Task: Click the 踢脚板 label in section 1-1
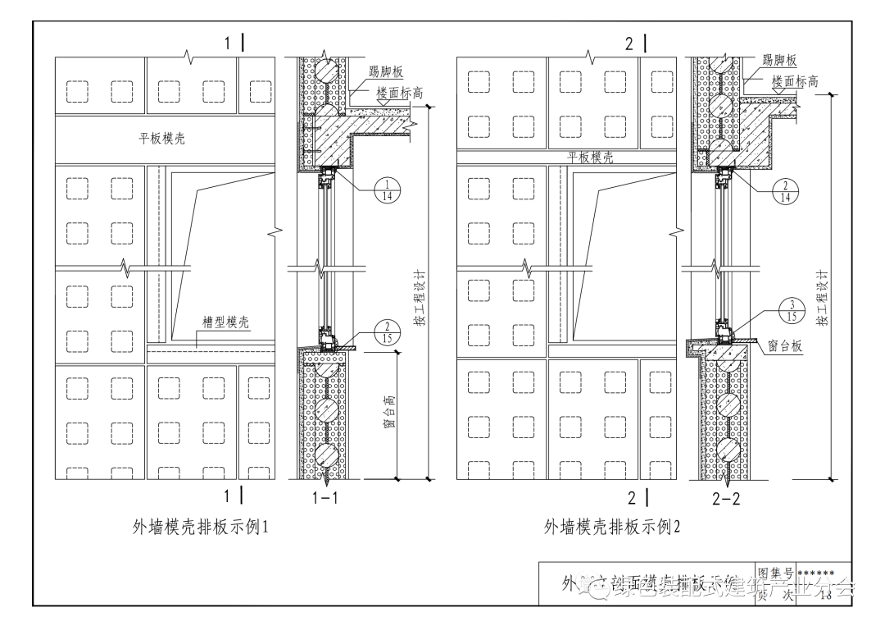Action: click(385, 75)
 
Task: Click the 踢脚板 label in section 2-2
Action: click(779, 61)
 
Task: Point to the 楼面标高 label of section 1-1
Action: click(399, 94)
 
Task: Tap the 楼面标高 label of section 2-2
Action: click(794, 81)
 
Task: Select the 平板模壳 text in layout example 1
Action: click(161, 139)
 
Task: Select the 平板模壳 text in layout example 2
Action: click(590, 158)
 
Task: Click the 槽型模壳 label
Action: click(227, 323)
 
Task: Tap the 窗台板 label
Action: click(785, 347)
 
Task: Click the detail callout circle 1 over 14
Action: click(388, 190)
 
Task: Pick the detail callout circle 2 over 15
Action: click(387, 332)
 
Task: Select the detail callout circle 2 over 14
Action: click(785, 191)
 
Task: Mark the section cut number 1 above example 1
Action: click(229, 43)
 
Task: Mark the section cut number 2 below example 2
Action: click(632, 496)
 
